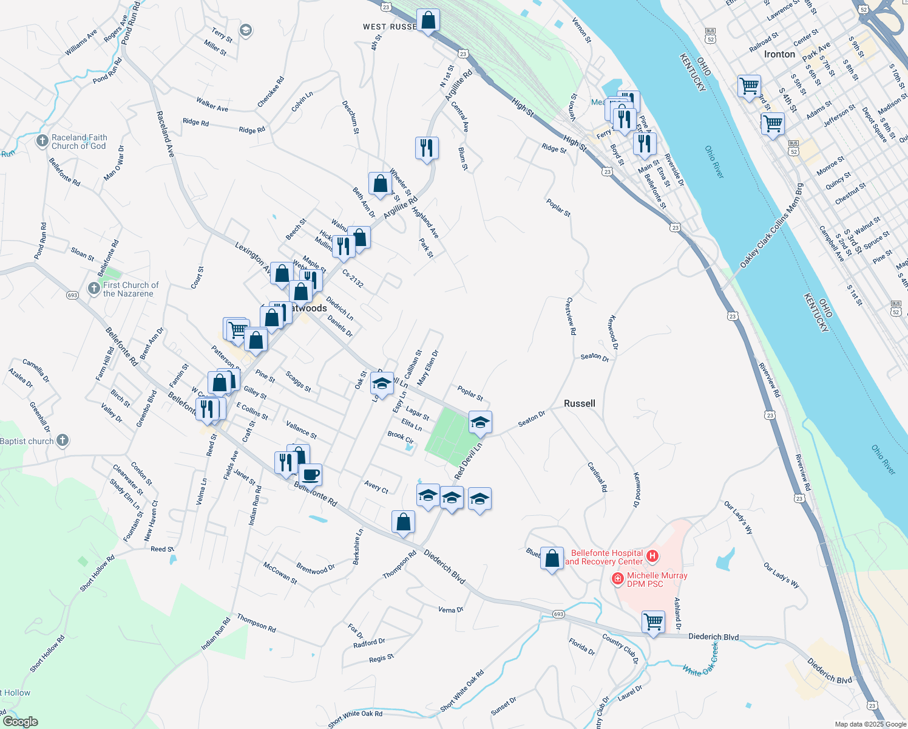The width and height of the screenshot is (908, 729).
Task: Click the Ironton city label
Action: click(779, 54)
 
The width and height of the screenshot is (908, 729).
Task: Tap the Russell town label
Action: click(579, 403)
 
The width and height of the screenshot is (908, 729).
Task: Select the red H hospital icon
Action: click(652, 556)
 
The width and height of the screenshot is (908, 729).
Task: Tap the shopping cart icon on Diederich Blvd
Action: click(653, 621)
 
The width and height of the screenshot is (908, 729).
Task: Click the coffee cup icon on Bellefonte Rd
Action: click(310, 474)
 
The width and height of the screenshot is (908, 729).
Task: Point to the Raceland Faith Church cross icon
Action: click(42, 142)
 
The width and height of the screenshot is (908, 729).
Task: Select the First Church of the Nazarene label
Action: click(130, 289)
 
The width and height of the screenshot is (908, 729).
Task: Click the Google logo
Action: click(20, 722)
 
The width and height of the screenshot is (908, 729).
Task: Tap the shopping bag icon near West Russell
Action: click(428, 20)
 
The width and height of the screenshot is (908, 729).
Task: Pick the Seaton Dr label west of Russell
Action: click(532, 419)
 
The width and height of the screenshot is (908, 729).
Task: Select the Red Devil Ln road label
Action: click(468, 460)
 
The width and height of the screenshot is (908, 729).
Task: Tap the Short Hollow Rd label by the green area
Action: click(97, 573)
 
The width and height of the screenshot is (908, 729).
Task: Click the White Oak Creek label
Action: click(700, 660)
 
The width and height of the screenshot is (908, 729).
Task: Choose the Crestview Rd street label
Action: click(571, 316)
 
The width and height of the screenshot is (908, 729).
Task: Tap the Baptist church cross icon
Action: click(63, 441)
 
